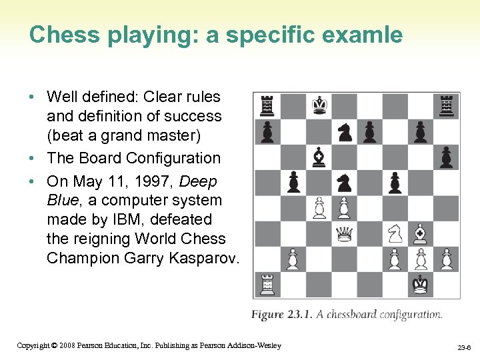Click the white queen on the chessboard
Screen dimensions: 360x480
(x=345, y=233)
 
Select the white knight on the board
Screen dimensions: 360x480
(x=395, y=233)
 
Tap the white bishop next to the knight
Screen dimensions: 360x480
(x=420, y=233)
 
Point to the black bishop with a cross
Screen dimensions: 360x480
(x=319, y=157)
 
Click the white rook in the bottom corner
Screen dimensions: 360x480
(x=267, y=284)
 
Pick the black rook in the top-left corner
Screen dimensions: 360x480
(x=267, y=105)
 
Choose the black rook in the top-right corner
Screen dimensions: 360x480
(x=446, y=105)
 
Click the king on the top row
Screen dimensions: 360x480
(x=319, y=105)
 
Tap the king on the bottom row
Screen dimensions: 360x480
(x=420, y=284)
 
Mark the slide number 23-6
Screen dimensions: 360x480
(x=465, y=347)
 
